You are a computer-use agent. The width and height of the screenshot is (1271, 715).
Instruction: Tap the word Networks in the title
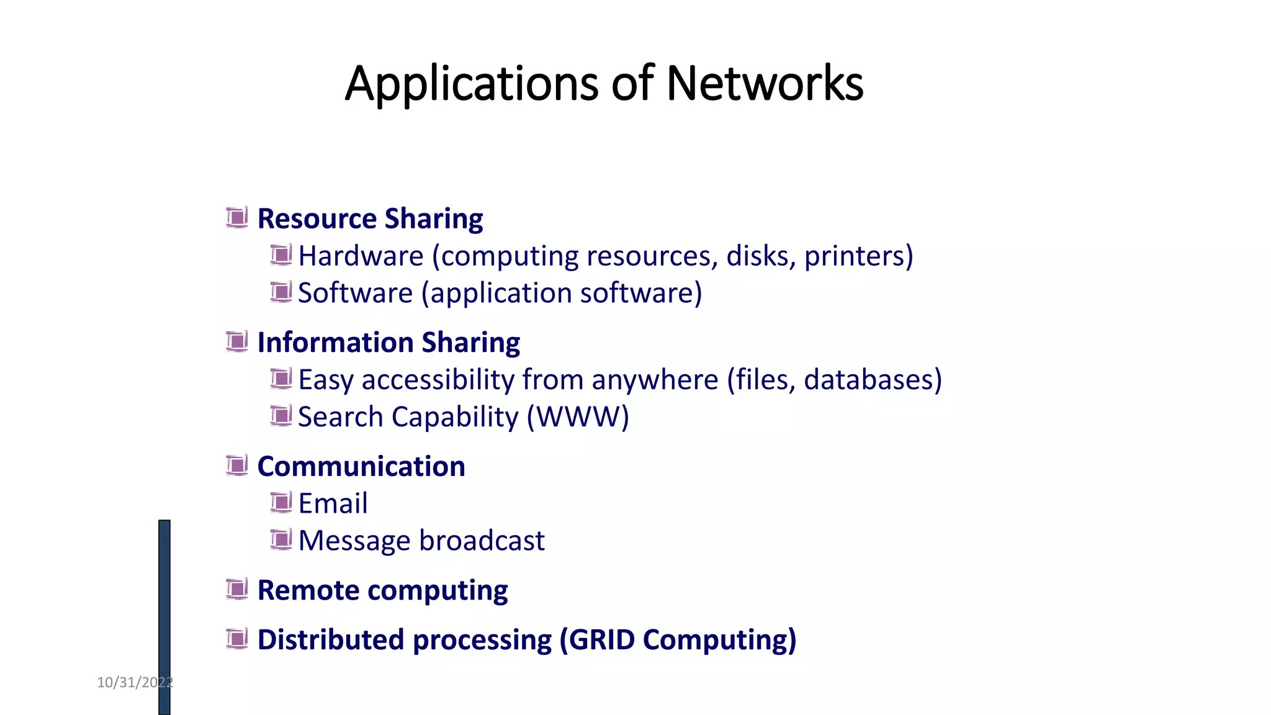pyautogui.click(x=765, y=83)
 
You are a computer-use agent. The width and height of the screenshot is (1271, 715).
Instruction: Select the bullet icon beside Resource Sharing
pyautogui.click(x=236, y=218)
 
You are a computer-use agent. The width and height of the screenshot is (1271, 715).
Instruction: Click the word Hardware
pyautogui.click(x=361, y=256)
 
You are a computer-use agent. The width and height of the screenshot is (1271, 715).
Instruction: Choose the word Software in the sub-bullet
pyautogui.click(x=355, y=293)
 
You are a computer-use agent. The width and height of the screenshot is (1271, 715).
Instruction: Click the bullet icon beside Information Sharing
pyautogui.click(x=236, y=341)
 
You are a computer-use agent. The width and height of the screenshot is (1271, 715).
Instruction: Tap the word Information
pyautogui.click(x=335, y=343)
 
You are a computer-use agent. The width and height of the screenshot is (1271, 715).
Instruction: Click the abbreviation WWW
pyautogui.click(x=578, y=416)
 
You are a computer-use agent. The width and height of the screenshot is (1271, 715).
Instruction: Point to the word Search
pyautogui.click(x=340, y=416)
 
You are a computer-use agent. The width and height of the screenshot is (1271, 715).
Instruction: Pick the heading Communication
pyautogui.click(x=361, y=466)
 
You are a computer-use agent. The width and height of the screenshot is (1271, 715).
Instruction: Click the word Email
pyautogui.click(x=333, y=503)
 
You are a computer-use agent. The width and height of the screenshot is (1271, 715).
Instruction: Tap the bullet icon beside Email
pyautogui.click(x=281, y=502)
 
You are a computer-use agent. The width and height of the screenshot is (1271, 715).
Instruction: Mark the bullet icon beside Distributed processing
pyautogui.click(x=236, y=639)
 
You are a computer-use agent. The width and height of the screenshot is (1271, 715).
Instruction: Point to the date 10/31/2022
pyautogui.click(x=135, y=683)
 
